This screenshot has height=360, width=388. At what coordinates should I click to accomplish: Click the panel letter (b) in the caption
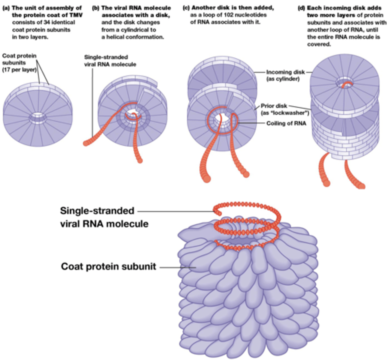click(x=95, y=8)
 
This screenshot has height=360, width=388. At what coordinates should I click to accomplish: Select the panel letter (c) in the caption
click(x=186, y=8)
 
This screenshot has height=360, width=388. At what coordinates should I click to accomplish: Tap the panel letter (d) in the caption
click(x=301, y=8)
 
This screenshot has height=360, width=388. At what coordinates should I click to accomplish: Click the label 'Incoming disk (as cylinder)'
click(x=285, y=75)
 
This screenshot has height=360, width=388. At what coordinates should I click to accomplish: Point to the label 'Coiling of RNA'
click(x=286, y=123)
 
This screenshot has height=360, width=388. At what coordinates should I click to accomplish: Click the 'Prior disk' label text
click(x=274, y=106)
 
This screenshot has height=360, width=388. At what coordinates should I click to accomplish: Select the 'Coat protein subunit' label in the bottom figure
click(x=108, y=266)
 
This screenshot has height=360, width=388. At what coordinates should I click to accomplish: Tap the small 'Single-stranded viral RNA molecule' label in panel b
click(x=110, y=61)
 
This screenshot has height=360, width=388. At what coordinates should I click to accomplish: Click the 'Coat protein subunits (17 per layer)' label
click(x=19, y=63)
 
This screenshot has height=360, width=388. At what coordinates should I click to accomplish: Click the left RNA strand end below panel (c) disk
click(x=206, y=179)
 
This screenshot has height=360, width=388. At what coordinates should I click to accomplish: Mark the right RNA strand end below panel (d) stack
click(x=361, y=186)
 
